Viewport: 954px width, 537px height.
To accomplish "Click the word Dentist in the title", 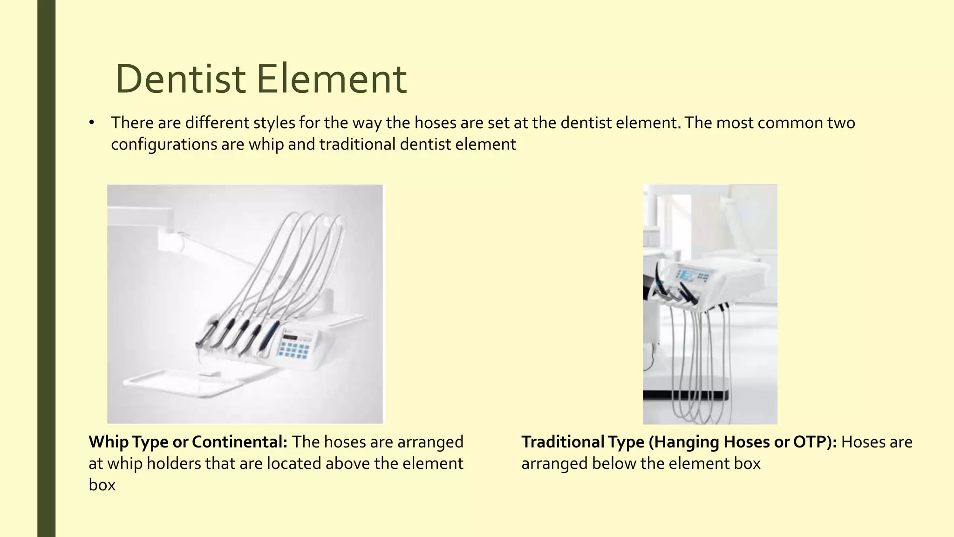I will [x=180, y=79].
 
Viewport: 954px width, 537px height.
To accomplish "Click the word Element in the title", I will [x=332, y=79].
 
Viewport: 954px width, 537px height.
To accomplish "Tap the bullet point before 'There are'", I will [x=92, y=123].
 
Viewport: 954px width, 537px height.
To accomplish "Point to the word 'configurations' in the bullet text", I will [x=164, y=145].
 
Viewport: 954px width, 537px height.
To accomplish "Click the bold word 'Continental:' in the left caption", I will [x=239, y=442].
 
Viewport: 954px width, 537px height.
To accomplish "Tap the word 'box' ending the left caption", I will [x=102, y=485].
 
